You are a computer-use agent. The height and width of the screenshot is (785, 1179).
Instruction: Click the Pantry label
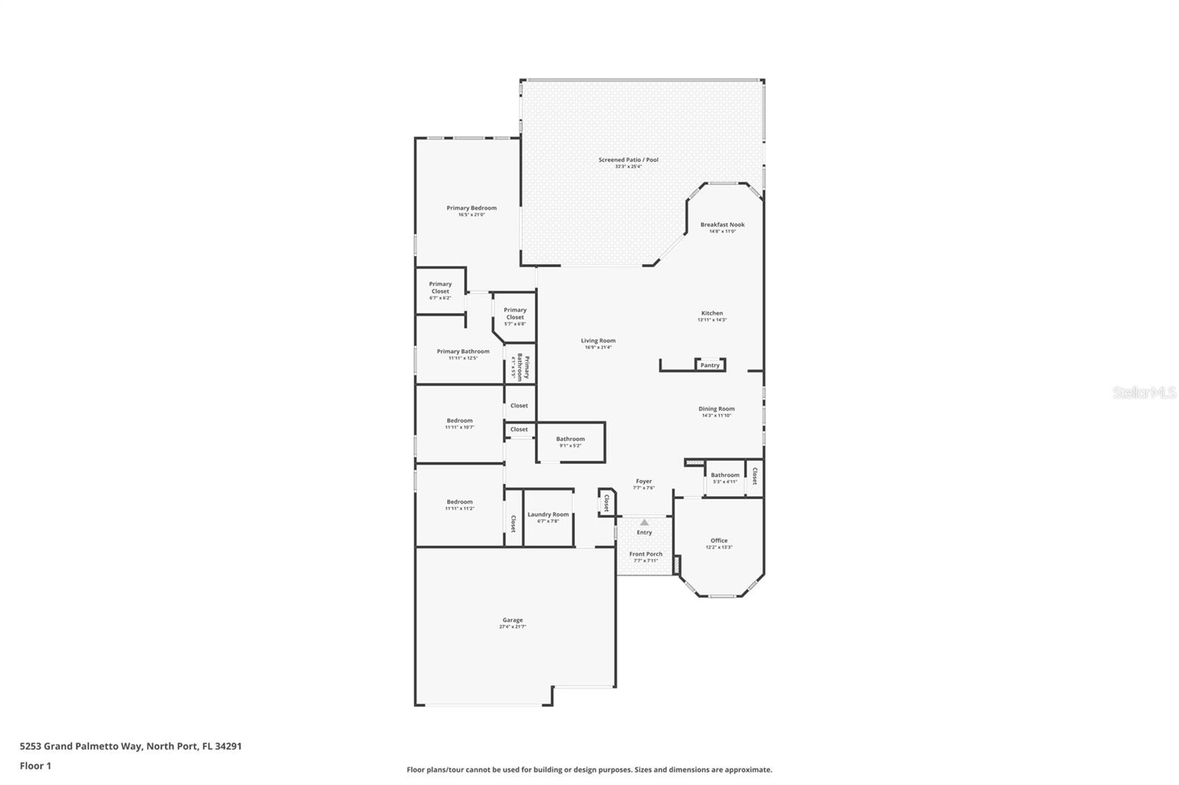tap(710, 365)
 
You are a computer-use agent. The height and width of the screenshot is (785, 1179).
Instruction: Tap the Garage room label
tap(513, 620)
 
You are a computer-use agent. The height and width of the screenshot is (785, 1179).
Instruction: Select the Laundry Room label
tap(547, 515)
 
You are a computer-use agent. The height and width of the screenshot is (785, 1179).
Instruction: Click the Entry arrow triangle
tap(644, 522)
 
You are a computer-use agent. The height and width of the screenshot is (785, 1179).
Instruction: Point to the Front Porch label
tap(646, 554)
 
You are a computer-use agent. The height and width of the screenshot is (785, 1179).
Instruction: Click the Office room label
tap(719, 541)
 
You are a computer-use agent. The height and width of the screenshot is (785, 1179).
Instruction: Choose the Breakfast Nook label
tap(722, 225)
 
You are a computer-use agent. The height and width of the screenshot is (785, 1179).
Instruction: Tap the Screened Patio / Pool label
tap(628, 160)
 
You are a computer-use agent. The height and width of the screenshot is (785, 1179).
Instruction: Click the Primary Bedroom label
tap(472, 208)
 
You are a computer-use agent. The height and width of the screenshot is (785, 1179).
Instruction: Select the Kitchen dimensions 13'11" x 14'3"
tap(712, 320)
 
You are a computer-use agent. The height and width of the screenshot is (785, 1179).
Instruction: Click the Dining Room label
tap(716, 409)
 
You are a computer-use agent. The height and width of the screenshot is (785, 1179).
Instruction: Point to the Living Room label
tap(598, 340)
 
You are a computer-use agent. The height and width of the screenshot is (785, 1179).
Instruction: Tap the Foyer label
tap(643, 481)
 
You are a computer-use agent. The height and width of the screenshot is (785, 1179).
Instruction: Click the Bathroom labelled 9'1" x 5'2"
tap(570, 439)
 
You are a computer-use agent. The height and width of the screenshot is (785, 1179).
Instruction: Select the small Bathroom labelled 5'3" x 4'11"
tap(725, 475)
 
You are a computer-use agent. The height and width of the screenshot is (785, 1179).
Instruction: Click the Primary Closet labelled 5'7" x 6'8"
tap(515, 313)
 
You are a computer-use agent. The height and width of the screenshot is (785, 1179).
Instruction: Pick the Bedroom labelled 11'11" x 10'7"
tap(460, 420)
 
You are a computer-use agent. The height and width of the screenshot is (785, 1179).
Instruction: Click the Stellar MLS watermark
tap(1144, 392)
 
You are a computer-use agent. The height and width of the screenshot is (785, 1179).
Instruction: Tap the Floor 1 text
tap(35, 766)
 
